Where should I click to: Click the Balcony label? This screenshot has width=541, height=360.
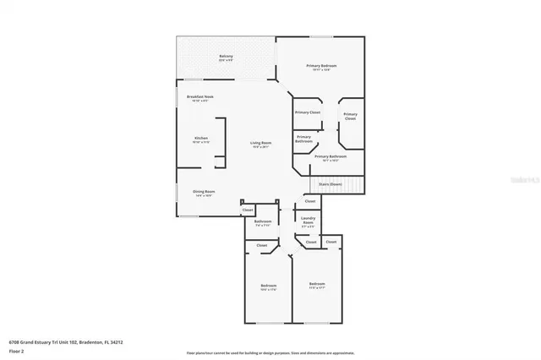click(x=226, y=58)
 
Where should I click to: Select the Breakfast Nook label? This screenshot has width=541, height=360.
click(x=200, y=98)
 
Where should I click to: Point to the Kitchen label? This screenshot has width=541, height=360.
click(x=201, y=139)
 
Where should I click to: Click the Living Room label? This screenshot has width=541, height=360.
click(x=260, y=145)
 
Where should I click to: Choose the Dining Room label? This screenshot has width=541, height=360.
click(x=204, y=193)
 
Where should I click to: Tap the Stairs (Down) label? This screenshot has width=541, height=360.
click(x=331, y=183)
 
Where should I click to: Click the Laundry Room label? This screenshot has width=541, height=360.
click(x=309, y=222)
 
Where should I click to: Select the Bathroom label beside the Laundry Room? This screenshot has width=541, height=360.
click(x=263, y=223)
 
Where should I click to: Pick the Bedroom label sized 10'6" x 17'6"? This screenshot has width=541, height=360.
click(x=268, y=287)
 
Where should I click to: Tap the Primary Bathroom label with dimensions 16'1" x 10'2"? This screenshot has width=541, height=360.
click(x=331, y=157)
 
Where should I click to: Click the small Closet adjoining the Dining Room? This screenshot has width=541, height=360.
click(x=248, y=210)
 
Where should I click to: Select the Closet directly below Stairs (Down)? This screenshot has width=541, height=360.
click(x=310, y=201)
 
